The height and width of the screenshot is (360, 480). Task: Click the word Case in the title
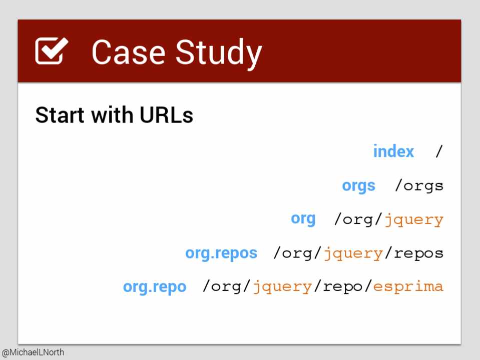[x=128, y=52]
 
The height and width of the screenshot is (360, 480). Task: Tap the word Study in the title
[x=219, y=54]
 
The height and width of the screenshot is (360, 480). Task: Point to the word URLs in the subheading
[x=166, y=115]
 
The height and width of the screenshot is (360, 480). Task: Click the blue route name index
[x=393, y=151]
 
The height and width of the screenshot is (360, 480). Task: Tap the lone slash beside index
[x=439, y=151]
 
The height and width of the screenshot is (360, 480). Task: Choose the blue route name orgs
[x=358, y=186]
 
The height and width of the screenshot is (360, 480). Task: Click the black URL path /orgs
[x=419, y=186]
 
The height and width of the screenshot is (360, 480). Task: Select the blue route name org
[x=303, y=219]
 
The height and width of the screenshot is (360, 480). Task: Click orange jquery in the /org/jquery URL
[x=414, y=220]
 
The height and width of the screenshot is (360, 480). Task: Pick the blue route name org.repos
[x=221, y=253]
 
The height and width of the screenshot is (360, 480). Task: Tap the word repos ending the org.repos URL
[x=418, y=253]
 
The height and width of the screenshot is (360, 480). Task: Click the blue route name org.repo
[x=155, y=287]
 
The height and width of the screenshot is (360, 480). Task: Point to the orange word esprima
[x=408, y=286]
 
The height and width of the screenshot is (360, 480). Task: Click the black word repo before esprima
[x=343, y=287]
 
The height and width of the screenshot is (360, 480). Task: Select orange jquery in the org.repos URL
[x=353, y=253]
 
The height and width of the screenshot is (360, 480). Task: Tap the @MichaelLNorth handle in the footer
[x=33, y=352]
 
